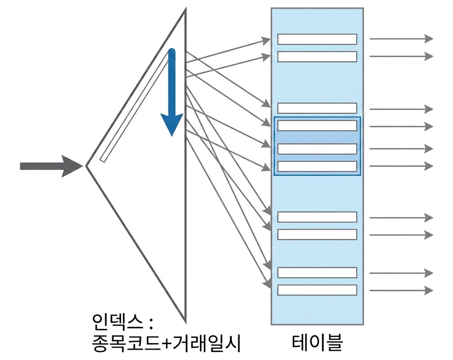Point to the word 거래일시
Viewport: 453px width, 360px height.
coord(207,344)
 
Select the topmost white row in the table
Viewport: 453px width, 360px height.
coord(317,39)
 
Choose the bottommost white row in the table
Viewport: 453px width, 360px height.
coord(317,290)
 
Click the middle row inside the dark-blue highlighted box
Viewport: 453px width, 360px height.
coord(317,149)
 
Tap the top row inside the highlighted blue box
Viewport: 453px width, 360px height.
coord(317,126)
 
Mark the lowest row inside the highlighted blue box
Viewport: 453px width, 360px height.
coord(317,166)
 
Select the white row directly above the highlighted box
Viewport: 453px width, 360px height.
coord(317,108)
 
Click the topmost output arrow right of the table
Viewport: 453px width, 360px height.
coord(401,39)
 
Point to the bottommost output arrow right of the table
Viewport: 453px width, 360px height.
coord(401,290)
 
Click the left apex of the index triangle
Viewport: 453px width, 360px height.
coord(87,166)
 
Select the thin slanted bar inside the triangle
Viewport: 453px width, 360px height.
coord(135,106)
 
